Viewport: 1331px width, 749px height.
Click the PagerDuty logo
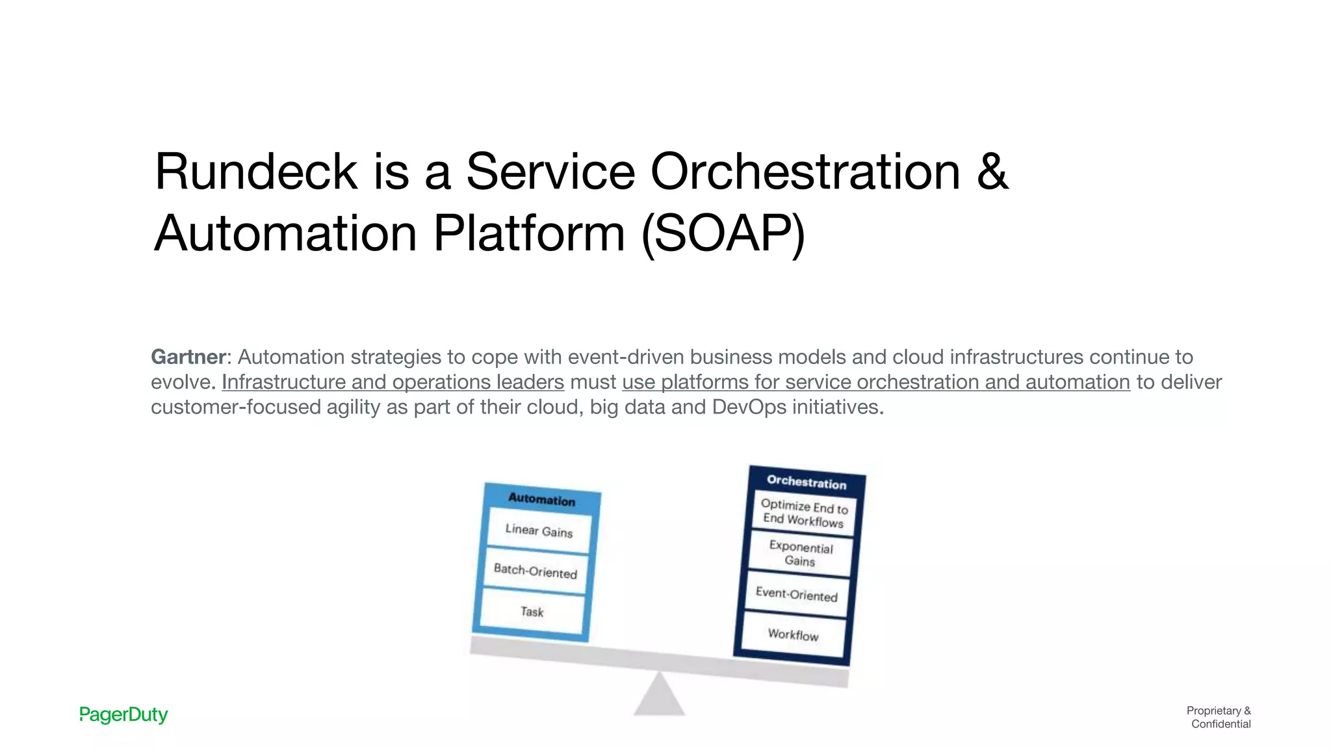123,715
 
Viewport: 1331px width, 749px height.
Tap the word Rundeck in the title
255,172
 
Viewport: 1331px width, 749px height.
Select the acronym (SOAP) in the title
723,233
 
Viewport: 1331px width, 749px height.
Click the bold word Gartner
188,357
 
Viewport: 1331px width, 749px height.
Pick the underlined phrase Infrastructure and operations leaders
393,382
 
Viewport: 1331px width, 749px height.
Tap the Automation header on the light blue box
541,499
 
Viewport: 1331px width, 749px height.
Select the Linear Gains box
539,531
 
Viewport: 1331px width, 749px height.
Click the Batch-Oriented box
536,571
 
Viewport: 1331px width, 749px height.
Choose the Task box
532,611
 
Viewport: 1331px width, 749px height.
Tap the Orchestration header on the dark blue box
807,482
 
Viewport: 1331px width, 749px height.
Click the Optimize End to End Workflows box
804,513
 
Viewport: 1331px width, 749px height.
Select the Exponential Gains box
800,553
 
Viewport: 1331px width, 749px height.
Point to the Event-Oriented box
796,594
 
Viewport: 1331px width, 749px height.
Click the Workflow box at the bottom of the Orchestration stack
793,634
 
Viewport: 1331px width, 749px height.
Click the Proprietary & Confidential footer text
1219,717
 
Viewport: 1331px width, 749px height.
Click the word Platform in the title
529,233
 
